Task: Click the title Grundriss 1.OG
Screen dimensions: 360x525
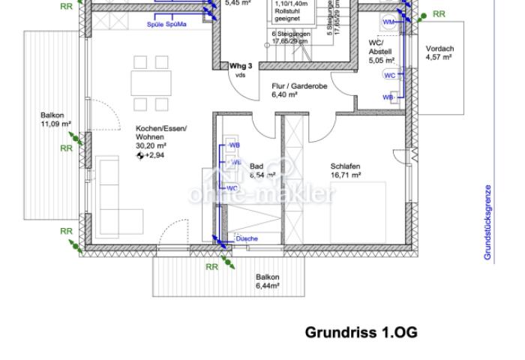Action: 361,332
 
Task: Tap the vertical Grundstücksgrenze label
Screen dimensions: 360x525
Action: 487,223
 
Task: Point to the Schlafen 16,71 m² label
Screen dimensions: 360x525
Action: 346,171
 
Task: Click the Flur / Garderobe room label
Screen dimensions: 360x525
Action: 299,91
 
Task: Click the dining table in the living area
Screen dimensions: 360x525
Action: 150,82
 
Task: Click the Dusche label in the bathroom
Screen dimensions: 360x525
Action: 247,238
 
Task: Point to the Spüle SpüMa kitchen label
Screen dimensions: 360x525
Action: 166,25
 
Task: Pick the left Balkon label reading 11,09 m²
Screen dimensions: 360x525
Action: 55,119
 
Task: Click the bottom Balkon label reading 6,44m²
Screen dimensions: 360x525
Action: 267,281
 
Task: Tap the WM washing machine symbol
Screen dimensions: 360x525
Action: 389,22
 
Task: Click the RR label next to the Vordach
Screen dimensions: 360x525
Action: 439,14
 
